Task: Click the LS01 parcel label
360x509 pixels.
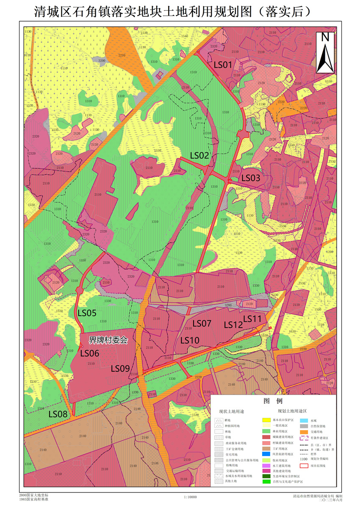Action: click(223, 65)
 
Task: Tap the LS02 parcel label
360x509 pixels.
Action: click(199, 156)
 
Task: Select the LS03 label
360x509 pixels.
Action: click(251, 178)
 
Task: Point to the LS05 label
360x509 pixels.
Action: click(87, 314)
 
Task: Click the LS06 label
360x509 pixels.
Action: click(90, 353)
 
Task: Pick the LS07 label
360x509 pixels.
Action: click(202, 323)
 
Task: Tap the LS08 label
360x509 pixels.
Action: click(58, 414)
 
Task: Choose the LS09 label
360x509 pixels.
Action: click(120, 368)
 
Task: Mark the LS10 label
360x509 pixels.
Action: click(190, 340)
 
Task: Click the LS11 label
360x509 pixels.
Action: click(253, 318)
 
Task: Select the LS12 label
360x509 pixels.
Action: click(233, 325)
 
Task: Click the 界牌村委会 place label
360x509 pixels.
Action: click(108, 340)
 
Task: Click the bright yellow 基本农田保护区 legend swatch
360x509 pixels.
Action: click(266, 420)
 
